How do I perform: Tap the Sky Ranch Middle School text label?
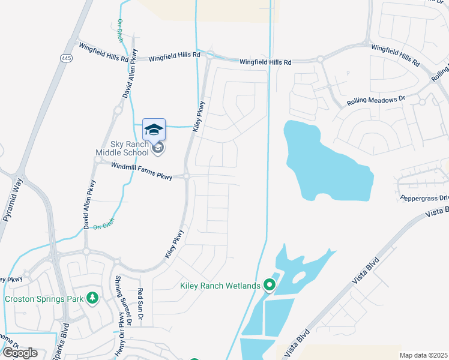[x=121, y=148]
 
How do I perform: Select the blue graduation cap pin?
[x=154, y=128]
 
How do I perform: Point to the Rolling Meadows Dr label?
[x=372, y=101]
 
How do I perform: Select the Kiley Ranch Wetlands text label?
[x=220, y=285]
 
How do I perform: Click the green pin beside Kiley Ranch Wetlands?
[x=270, y=285]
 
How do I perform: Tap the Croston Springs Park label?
[x=43, y=298]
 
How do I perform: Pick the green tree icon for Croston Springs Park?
[x=92, y=298]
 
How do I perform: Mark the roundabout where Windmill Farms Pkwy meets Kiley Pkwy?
[x=187, y=176]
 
